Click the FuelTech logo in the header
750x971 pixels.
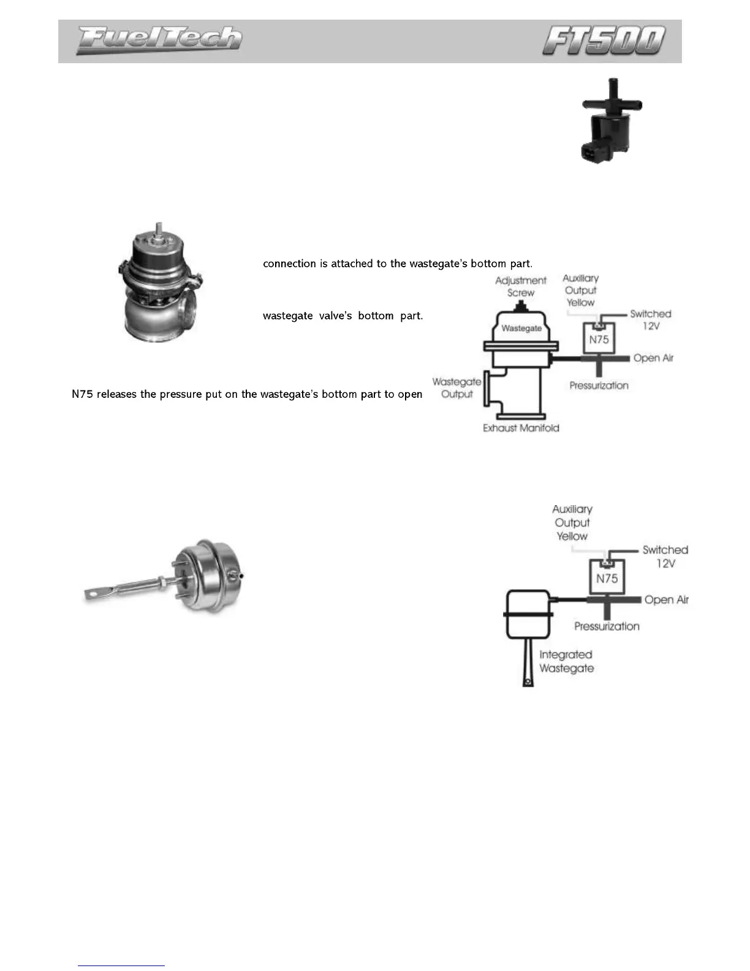click(159, 40)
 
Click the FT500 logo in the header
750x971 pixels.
click(604, 40)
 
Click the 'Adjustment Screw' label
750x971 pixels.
click(521, 286)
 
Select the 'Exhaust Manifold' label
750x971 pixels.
click(521, 428)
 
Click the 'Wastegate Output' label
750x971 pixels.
click(456, 388)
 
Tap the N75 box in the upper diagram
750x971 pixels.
click(599, 339)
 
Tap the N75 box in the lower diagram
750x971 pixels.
click(607, 578)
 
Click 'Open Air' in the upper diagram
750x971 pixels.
click(653, 358)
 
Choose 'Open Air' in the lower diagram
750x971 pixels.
click(666, 600)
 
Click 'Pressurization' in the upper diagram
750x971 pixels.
click(599, 386)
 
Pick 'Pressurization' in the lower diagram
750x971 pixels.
click(607, 626)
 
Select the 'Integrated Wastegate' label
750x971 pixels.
click(566, 661)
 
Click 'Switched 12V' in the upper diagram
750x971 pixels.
click(651, 319)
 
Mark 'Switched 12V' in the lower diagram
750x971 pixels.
click(665, 556)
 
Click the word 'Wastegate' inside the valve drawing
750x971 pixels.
click(521, 328)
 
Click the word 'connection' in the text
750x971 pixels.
click(289, 264)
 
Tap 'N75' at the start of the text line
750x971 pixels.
click(82, 394)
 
